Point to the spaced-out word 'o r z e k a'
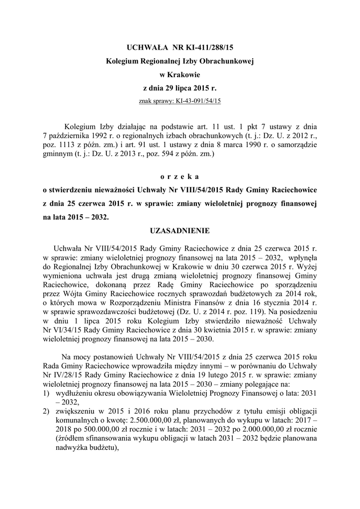(180, 176)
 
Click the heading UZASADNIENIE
(180, 231)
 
